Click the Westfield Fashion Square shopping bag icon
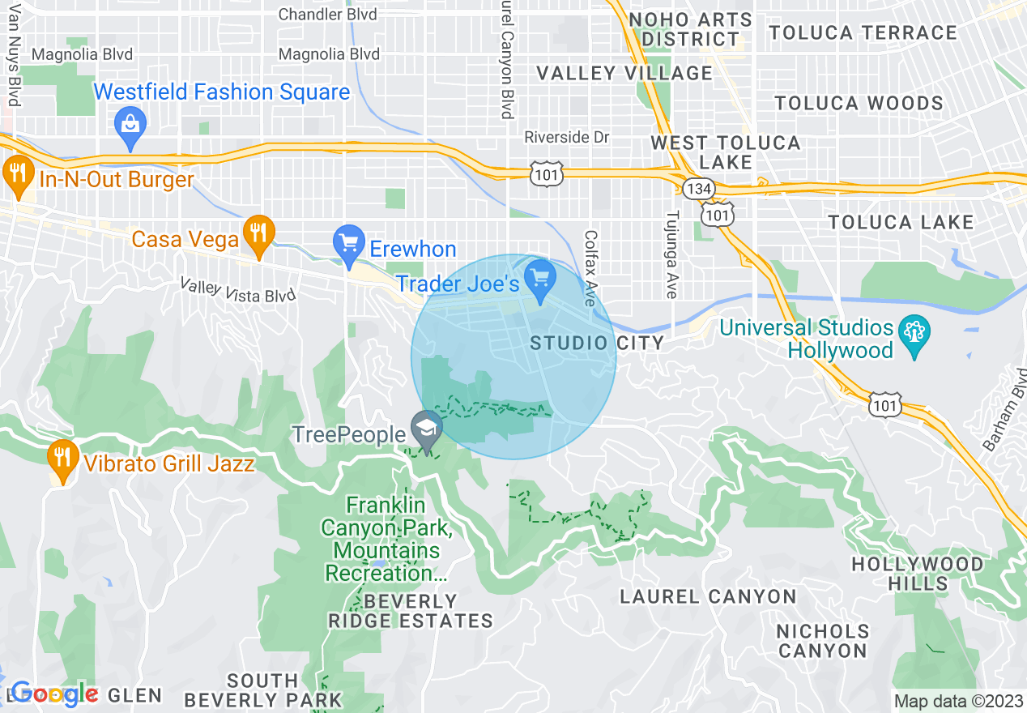(x=130, y=126)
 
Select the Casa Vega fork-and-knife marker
(x=258, y=233)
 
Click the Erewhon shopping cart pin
(x=349, y=243)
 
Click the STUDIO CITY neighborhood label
(x=597, y=344)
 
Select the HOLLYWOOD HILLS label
(x=928, y=574)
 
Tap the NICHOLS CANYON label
(x=823, y=640)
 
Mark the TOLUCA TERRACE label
(x=863, y=33)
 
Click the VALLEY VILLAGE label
(x=624, y=73)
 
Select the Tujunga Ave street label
(x=671, y=255)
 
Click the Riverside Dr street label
(x=566, y=137)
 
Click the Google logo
(x=53, y=694)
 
